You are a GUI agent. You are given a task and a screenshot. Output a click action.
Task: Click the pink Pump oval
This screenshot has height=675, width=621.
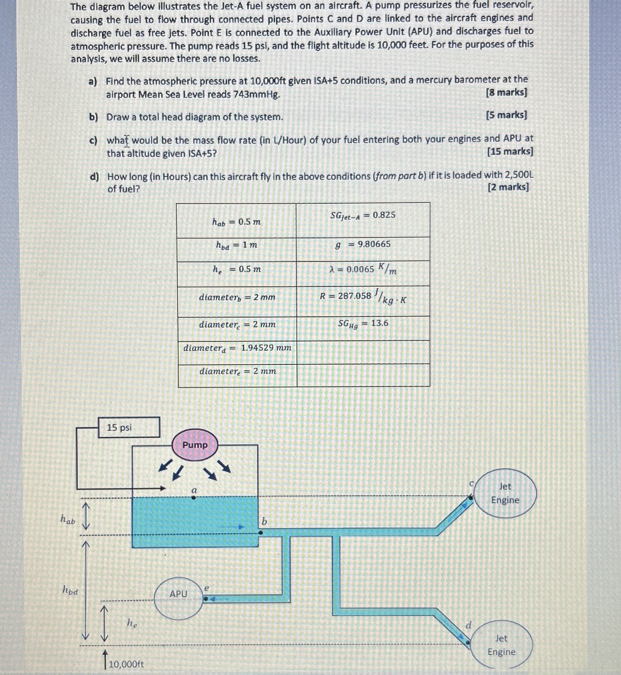pos(195,445)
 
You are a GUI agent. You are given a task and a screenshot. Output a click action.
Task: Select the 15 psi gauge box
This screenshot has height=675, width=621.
pos(129,427)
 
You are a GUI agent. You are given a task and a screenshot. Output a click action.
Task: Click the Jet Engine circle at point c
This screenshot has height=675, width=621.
pos(505,493)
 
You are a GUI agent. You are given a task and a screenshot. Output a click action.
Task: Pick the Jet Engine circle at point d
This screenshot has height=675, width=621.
pos(501,644)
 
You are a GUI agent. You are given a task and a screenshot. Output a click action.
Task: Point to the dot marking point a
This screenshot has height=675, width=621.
pos(193,498)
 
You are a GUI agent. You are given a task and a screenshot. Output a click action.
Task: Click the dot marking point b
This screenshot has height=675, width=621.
pos(260,532)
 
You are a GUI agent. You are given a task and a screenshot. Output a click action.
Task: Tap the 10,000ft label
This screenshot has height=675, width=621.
pos(126,664)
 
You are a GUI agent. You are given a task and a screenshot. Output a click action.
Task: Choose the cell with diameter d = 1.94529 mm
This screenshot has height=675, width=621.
pos(237,348)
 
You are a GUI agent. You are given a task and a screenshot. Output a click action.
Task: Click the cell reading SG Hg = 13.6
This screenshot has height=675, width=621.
pos(363,323)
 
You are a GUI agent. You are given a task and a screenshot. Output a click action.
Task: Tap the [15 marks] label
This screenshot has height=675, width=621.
pos(510,152)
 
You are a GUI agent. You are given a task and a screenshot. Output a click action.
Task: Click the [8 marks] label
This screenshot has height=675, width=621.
pos(506,92)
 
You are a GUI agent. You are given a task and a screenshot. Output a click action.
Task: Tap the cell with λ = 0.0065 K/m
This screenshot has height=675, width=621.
pos(363,269)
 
